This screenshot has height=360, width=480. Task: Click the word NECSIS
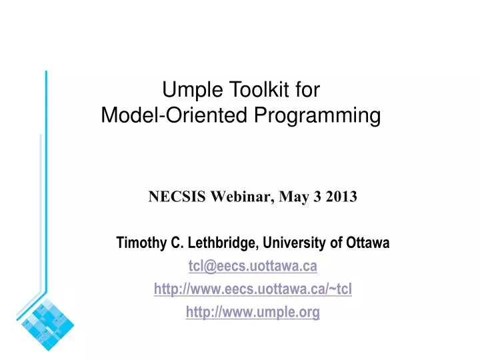172,196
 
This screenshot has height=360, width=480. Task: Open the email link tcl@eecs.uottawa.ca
253,267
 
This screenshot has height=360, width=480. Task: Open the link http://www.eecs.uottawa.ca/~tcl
253,289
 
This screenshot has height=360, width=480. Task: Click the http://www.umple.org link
253,312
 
